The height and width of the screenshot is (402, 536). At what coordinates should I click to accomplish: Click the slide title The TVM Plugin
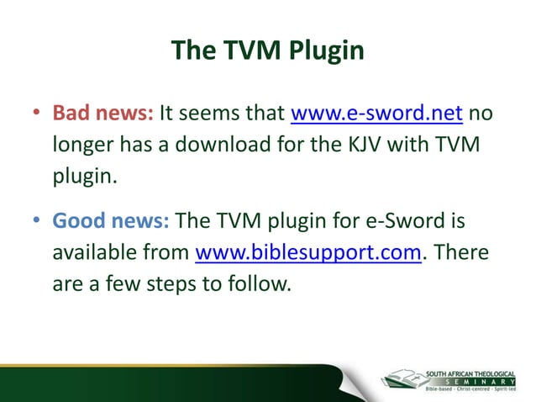[267, 50]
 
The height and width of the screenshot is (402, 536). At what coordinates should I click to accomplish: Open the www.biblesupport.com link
[307, 252]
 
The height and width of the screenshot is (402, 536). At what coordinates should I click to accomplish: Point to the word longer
[83, 145]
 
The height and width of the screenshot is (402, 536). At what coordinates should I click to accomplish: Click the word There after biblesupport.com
[462, 252]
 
